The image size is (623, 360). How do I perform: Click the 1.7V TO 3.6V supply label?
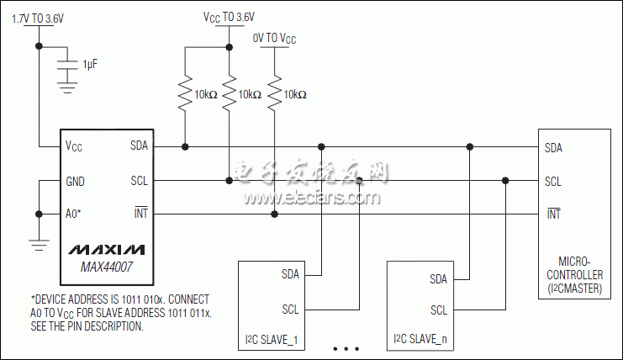click(x=39, y=16)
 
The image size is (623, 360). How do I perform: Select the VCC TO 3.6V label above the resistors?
click(x=229, y=16)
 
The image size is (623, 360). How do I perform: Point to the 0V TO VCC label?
click(x=274, y=39)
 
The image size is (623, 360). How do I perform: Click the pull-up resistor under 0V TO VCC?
click(x=274, y=94)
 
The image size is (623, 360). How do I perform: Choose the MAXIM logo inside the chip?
click(x=106, y=250)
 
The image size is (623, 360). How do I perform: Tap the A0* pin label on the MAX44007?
click(x=73, y=214)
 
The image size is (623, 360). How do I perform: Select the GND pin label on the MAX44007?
click(x=75, y=181)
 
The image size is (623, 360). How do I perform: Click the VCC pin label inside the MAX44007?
click(x=74, y=146)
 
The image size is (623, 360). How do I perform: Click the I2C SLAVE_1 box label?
click(x=270, y=339)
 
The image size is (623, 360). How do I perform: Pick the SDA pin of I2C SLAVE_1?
click(x=291, y=274)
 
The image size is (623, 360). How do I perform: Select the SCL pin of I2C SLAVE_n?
click(x=439, y=310)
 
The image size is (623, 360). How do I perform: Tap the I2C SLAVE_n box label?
click(x=419, y=339)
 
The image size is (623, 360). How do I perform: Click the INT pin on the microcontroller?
click(x=553, y=214)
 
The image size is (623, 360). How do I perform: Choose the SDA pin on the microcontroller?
click(x=553, y=147)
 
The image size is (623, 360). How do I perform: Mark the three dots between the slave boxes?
click(x=346, y=347)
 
